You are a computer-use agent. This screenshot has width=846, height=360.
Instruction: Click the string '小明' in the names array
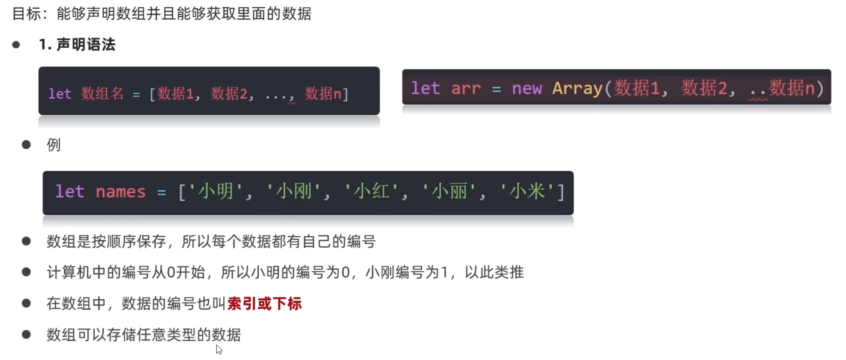(216, 192)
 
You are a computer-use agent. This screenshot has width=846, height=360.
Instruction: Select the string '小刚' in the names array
(293, 192)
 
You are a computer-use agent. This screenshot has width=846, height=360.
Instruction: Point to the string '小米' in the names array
(528, 192)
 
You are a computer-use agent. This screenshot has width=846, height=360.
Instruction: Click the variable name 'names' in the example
(120, 192)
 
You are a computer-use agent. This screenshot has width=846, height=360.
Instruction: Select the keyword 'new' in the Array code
(527, 89)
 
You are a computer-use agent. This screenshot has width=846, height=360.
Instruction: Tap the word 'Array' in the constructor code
(577, 89)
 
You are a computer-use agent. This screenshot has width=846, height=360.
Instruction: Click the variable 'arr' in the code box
(466, 89)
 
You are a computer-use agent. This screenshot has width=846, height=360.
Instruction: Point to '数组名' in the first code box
(102, 94)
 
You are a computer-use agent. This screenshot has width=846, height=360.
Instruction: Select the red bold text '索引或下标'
(265, 304)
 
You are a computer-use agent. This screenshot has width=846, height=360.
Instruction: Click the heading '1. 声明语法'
(77, 45)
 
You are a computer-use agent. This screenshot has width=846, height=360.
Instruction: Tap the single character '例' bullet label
(54, 145)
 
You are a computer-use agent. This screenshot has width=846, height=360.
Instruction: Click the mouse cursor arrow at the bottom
(218, 349)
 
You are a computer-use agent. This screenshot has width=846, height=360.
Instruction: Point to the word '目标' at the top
(27, 14)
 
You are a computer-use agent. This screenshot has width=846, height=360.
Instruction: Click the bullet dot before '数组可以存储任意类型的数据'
(26, 335)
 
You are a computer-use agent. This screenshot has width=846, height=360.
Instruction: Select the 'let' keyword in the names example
(70, 192)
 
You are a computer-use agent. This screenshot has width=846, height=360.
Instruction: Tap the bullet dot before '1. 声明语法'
(16, 45)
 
